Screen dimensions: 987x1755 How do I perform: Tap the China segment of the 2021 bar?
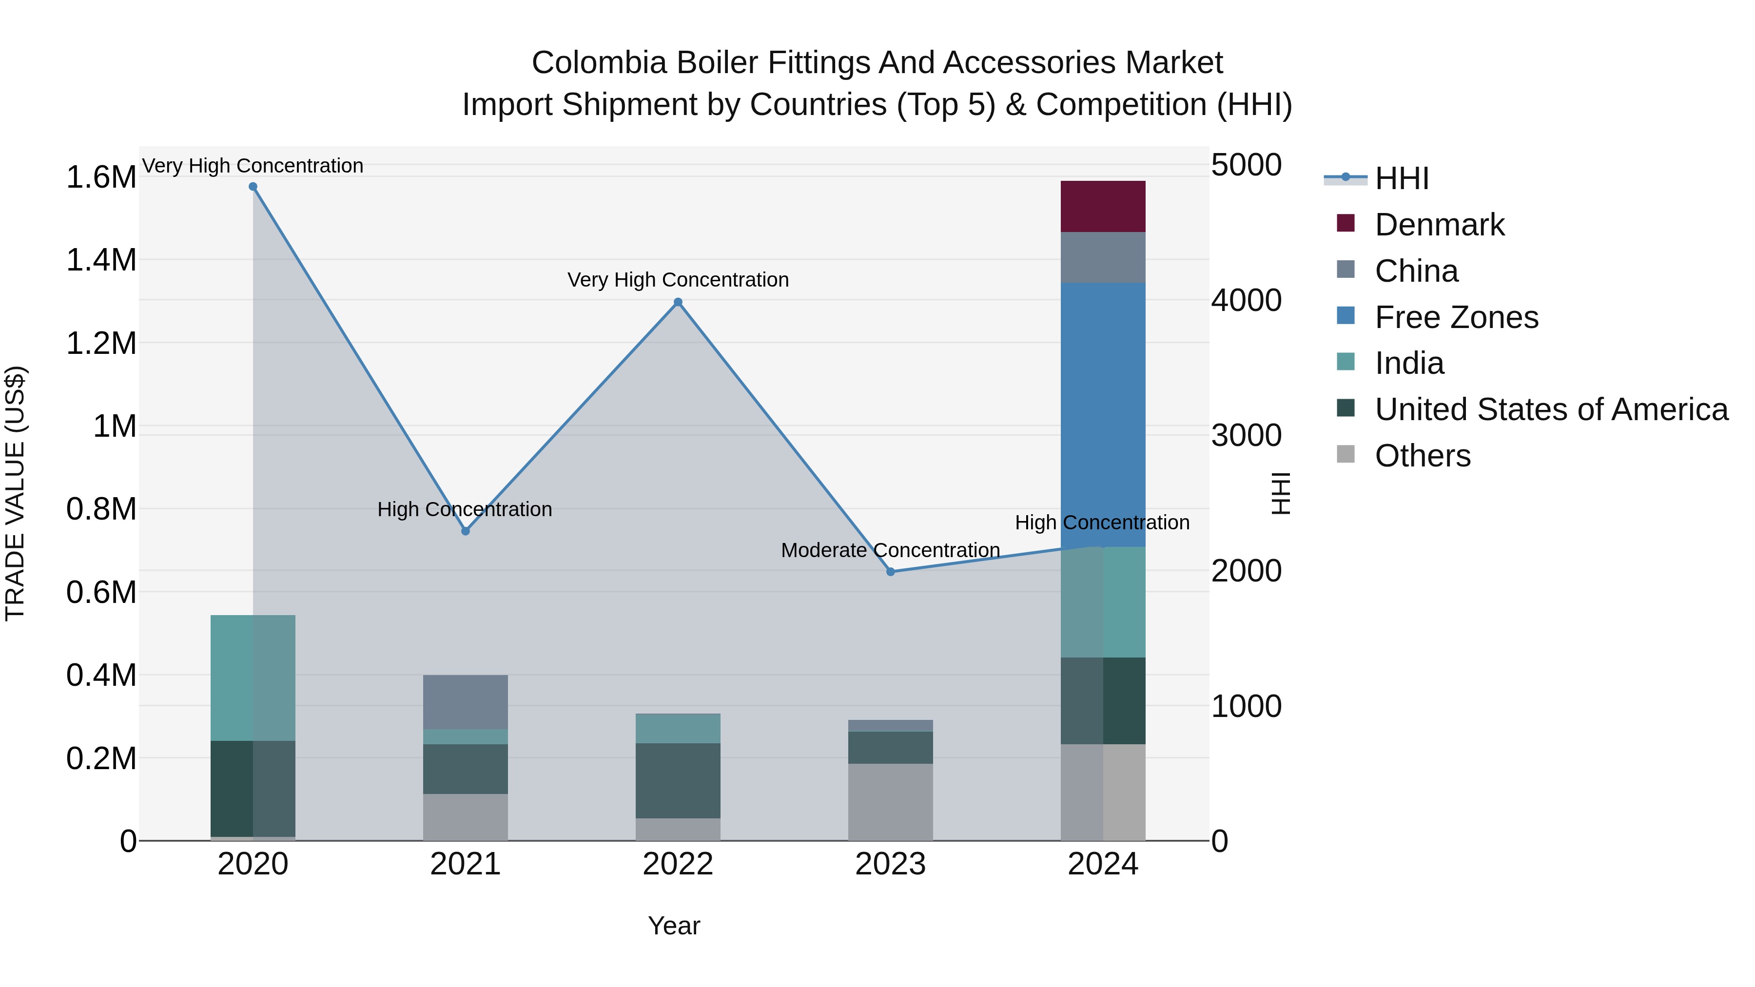pos(466,701)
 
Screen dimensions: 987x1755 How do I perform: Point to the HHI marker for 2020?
pos(253,187)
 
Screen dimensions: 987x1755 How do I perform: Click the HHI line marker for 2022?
pos(678,302)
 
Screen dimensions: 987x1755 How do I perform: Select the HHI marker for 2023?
pos(891,572)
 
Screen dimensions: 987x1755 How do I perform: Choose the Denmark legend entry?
pos(1439,225)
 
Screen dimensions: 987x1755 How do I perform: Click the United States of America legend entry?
pos(1551,409)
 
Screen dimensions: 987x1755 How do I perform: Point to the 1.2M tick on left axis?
pos(101,343)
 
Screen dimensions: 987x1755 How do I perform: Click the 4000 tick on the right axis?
pos(1246,300)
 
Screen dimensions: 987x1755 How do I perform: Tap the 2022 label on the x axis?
pos(678,864)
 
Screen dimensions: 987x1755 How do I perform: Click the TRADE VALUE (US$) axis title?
pos(16,493)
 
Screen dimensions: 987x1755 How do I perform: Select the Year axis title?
pos(674,926)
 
